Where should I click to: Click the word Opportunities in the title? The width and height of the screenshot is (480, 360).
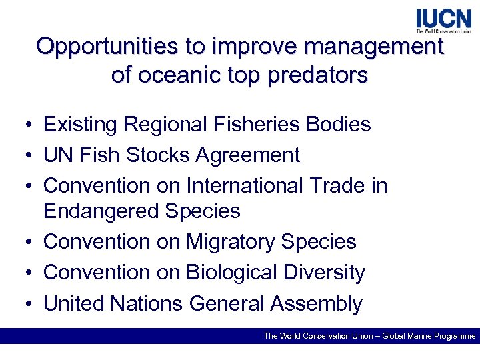click(x=105, y=47)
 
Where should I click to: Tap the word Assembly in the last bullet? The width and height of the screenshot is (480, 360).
click(x=316, y=304)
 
